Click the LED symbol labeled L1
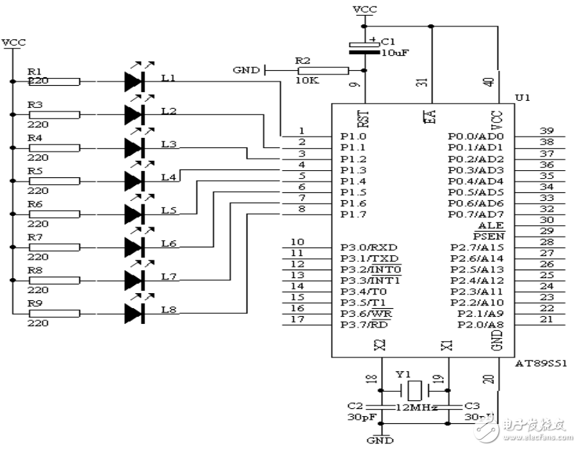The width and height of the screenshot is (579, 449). click(x=134, y=82)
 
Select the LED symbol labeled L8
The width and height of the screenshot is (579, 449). click(x=134, y=313)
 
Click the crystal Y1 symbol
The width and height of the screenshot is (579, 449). click(x=413, y=390)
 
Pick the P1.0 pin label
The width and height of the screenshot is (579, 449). click(x=354, y=136)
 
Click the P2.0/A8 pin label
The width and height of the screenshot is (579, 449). click(x=477, y=325)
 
